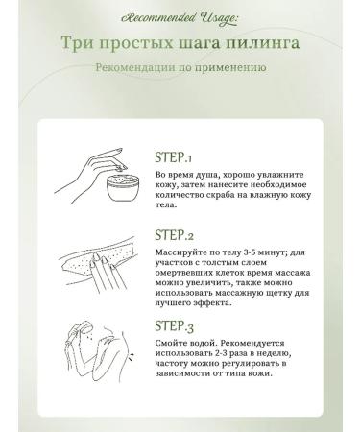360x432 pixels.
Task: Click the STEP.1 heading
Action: pyautogui.click(x=173, y=157)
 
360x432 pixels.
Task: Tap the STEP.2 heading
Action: pyautogui.click(x=174, y=235)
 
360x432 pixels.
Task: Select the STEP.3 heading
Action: pyautogui.click(x=174, y=326)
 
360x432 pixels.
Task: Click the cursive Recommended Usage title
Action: pyautogui.click(x=180, y=18)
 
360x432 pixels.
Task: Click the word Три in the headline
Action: pyautogui.click(x=77, y=43)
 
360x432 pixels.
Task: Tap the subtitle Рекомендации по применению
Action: pyautogui.click(x=180, y=68)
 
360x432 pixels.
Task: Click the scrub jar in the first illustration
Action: pyautogui.click(x=123, y=187)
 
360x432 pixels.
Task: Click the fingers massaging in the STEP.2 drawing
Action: pyautogui.click(x=104, y=271)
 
